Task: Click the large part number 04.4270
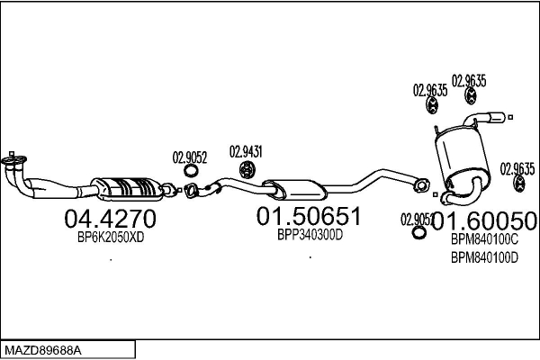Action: (110, 219)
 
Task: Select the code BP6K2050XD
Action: (111, 237)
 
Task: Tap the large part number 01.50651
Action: (309, 216)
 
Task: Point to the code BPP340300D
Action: (310, 235)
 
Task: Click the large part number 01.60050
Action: (484, 220)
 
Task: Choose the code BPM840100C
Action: (484, 239)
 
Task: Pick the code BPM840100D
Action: (484, 257)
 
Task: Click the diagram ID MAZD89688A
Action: (43, 351)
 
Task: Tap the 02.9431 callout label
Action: (246, 151)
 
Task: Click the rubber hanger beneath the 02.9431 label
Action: (247, 170)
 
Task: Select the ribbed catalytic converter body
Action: (129, 189)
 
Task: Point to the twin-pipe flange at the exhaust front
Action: (13, 160)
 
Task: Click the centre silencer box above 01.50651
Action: (295, 190)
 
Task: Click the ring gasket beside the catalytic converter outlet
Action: (191, 170)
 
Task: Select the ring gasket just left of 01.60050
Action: (419, 232)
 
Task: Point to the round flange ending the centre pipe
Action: (421, 185)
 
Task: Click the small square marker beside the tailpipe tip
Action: (510, 117)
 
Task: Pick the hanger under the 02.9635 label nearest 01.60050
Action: (519, 183)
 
